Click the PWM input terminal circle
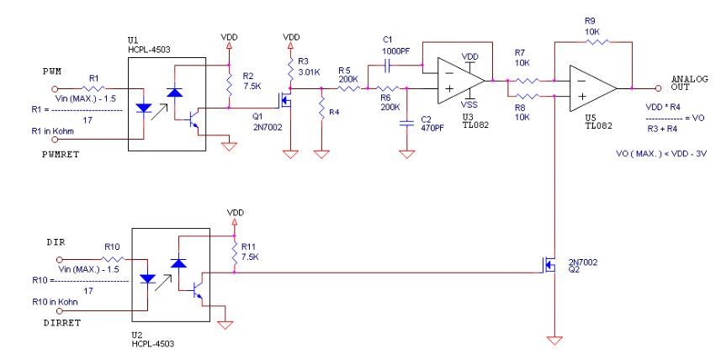coord(55,88)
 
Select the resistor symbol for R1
coord(93,87)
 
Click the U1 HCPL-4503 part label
coord(149,45)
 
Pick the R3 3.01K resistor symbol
coord(290,69)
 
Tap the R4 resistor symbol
coord(322,107)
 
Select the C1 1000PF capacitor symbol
coord(387,67)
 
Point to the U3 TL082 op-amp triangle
coord(461,81)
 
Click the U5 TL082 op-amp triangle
coord(593,88)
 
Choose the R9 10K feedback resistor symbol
coord(597,42)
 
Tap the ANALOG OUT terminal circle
coord(658,88)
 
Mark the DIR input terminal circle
coord(60,260)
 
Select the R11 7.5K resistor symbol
coord(235,254)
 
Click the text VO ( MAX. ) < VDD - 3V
coord(661,154)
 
